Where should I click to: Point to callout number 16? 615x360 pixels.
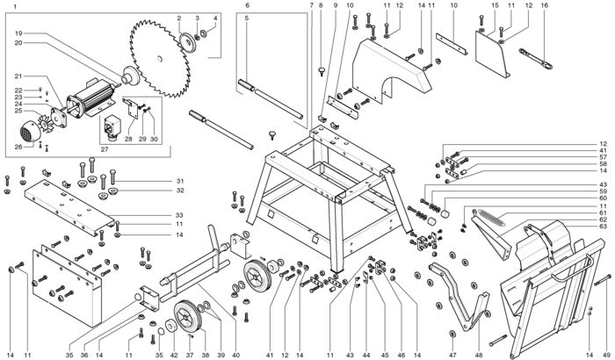[544, 5]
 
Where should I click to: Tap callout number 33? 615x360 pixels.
[177, 215]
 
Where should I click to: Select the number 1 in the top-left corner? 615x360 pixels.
[15, 7]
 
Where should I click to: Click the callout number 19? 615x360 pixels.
[18, 33]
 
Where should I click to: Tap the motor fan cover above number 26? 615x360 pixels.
[33, 131]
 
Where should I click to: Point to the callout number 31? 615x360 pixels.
[177, 180]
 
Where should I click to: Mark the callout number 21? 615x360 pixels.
[18, 76]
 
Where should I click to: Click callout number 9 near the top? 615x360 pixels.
[335, 5]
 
